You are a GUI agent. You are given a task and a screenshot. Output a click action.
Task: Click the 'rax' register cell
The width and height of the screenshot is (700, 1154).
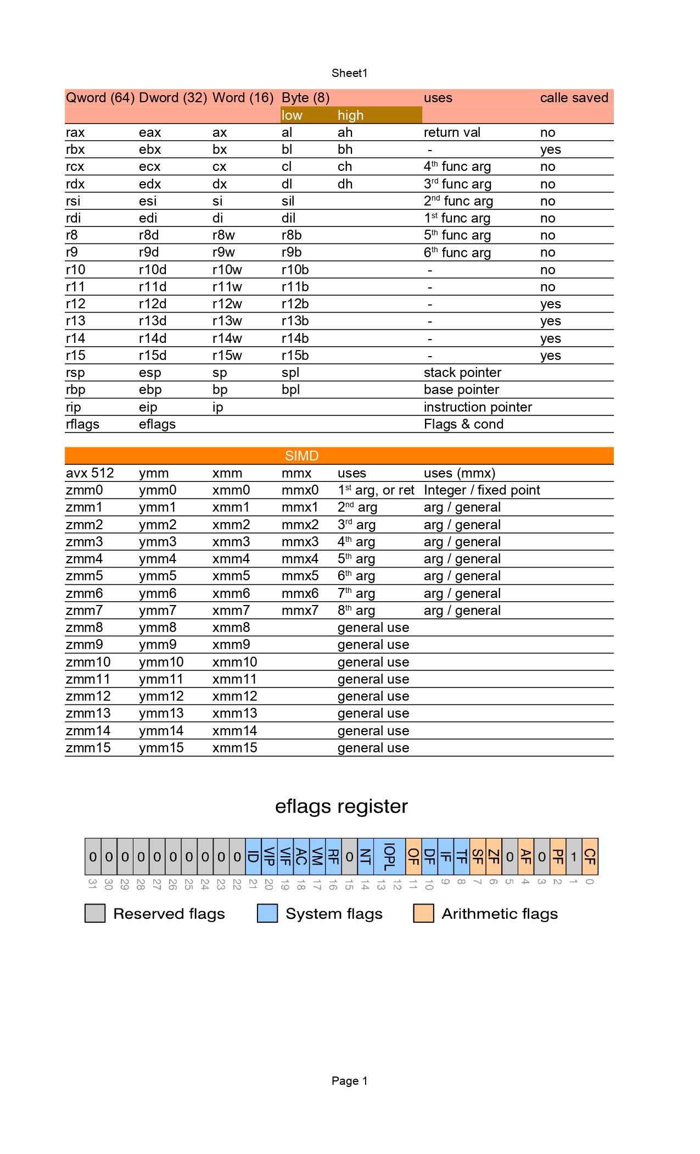75,132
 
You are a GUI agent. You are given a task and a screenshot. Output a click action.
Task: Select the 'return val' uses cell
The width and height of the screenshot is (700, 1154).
452,132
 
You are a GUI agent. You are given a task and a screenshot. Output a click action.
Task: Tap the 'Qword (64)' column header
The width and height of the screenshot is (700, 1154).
100,98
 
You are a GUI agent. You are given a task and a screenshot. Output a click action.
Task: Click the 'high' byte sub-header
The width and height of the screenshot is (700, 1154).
350,115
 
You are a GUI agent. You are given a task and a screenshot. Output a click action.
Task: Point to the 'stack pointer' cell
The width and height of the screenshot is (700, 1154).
462,373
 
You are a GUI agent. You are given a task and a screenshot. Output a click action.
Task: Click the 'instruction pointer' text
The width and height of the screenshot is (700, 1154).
478,407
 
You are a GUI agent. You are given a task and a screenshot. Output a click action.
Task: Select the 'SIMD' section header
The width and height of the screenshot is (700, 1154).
301,456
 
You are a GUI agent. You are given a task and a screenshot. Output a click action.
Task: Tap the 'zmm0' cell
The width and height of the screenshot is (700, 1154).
84,490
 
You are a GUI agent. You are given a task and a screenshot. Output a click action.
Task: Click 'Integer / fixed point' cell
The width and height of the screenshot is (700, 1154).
481,490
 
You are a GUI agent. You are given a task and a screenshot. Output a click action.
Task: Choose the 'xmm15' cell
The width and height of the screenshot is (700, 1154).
234,748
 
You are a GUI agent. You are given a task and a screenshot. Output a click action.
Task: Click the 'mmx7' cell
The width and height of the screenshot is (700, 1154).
300,611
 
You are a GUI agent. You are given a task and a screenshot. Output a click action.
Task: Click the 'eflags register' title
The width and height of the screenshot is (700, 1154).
341,806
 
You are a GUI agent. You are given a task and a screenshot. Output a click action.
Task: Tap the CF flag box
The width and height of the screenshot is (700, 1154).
590,857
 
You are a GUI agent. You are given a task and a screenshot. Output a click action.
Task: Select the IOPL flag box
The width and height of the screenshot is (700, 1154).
389,857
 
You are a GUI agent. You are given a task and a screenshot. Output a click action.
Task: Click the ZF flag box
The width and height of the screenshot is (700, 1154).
494,857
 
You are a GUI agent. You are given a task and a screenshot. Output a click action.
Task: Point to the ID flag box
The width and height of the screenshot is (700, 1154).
253,857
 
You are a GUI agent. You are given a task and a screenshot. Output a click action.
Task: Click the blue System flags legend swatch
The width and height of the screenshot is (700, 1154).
267,913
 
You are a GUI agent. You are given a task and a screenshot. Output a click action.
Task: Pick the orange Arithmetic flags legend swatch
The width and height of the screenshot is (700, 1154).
423,913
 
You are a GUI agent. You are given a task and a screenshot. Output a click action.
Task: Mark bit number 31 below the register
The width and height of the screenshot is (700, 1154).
93,884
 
